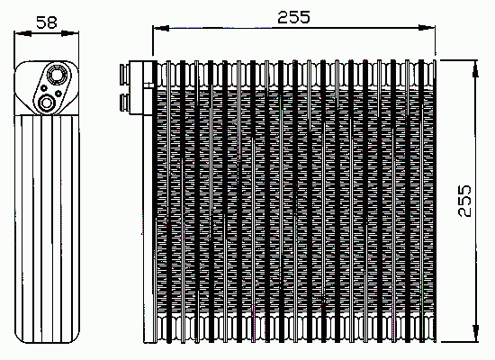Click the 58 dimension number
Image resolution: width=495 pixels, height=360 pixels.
47,22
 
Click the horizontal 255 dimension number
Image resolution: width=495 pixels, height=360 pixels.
294,17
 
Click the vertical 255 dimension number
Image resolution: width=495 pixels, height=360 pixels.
464,201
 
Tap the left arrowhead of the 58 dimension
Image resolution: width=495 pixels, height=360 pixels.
23,32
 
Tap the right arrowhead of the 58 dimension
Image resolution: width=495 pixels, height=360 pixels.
70,32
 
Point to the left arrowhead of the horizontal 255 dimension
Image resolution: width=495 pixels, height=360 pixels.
161,28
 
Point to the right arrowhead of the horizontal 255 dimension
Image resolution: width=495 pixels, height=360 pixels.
427,28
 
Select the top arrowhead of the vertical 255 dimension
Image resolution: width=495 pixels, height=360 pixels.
475,68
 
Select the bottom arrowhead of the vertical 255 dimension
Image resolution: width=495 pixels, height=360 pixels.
475,332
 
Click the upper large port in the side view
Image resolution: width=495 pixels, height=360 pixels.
57,75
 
